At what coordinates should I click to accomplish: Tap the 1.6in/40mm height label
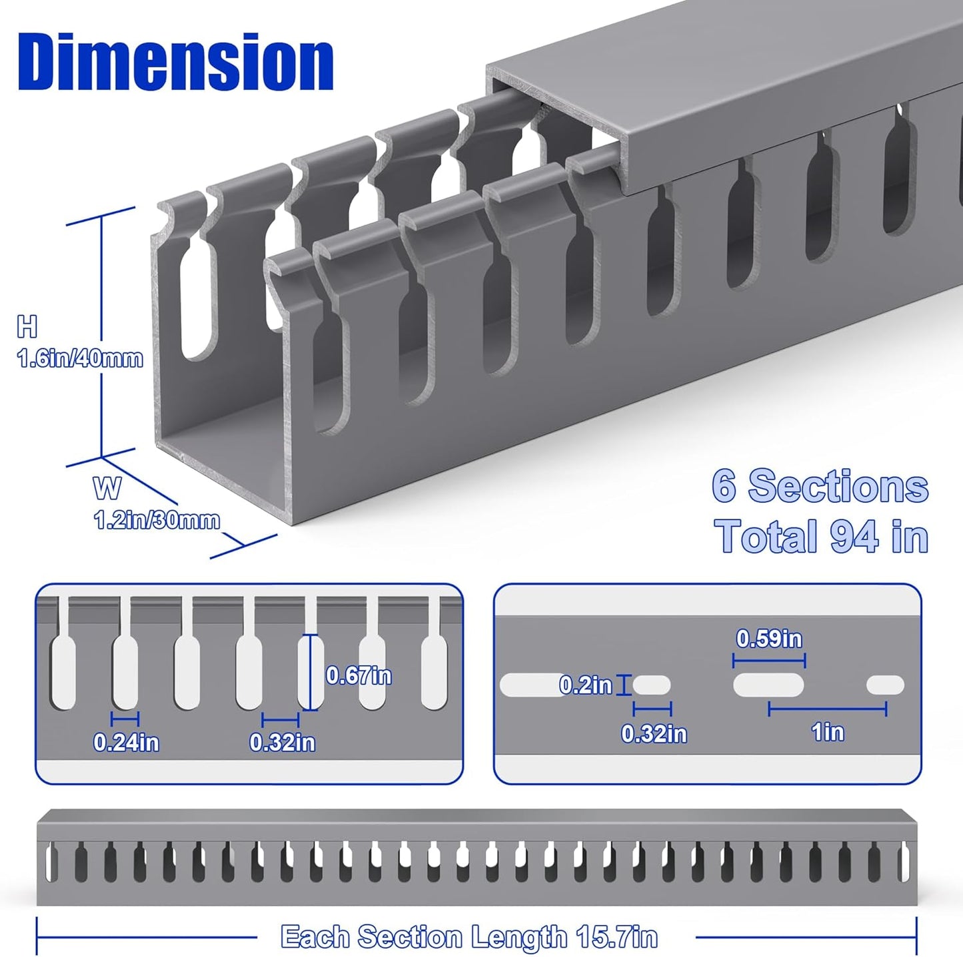80,359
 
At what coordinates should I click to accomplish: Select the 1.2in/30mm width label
157,520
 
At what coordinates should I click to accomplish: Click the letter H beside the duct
27,327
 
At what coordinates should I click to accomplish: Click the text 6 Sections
820,486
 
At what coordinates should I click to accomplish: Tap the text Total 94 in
821,536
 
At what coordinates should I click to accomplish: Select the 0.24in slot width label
126,742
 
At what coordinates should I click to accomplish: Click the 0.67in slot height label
359,675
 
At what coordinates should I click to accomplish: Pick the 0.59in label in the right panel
769,639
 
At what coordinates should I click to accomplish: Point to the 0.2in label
585,685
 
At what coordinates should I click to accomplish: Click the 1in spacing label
828,732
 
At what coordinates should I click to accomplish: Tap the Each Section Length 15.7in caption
469,936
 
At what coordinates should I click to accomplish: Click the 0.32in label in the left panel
283,742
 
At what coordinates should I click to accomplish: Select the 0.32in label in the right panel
654,733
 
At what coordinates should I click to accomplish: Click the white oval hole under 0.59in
768,685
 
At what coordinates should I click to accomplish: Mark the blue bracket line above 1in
827,709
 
